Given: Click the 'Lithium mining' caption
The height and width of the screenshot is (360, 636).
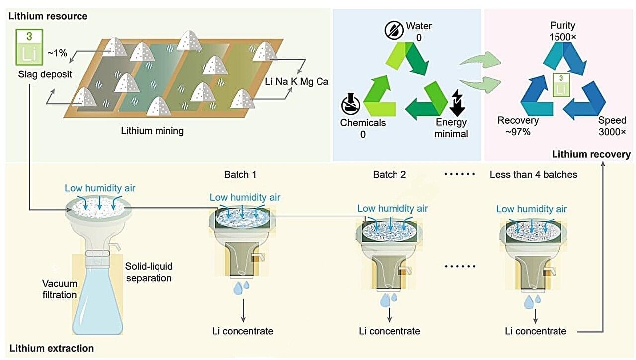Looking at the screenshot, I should [153, 131].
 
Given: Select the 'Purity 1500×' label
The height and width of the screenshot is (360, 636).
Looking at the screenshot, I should [562, 30].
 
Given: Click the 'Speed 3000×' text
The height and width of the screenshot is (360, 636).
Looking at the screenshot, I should [612, 126].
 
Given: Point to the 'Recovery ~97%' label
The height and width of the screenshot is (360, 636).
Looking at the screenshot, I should [518, 126].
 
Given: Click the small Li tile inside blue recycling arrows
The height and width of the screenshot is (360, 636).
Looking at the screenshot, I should [561, 84].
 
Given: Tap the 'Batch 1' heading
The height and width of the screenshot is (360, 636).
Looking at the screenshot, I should [240, 175].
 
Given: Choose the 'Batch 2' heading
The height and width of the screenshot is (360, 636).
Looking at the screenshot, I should [390, 175].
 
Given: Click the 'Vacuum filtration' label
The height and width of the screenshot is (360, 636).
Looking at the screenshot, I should [60, 289].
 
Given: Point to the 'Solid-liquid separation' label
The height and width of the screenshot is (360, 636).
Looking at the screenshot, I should [149, 272].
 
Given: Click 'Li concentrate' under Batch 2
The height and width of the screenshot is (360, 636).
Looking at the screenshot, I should [390, 331].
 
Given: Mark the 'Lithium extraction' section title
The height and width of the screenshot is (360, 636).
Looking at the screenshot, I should [52, 349].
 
